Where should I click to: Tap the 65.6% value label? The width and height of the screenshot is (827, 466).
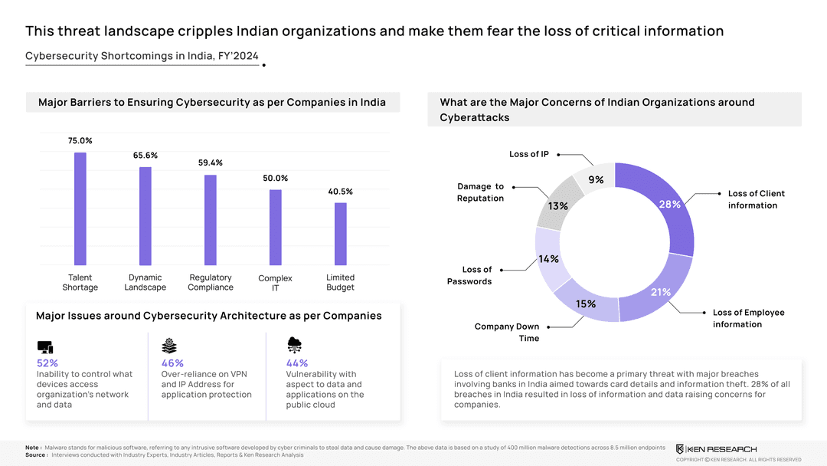click(145, 156)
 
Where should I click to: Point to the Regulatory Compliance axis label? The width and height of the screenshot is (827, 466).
click(211, 282)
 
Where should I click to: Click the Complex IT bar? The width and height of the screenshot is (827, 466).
click(276, 227)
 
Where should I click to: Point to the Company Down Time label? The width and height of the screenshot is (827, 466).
click(506, 332)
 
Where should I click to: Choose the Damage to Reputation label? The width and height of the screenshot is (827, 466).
click(480, 192)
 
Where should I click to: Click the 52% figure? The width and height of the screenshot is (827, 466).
click(47, 363)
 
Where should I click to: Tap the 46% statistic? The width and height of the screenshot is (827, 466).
click(172, 363)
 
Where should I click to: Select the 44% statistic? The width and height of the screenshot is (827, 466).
click(296, 363)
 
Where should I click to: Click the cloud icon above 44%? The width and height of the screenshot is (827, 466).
click(294, 345)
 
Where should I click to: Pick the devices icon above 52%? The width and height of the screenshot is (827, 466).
click(44, 346)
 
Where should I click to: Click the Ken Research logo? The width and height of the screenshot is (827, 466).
click(716, 448)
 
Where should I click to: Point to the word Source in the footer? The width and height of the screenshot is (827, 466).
click(35, 455)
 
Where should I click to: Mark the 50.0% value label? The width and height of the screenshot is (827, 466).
click(276, 179)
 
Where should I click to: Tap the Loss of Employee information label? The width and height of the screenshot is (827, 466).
click(748, 318)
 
